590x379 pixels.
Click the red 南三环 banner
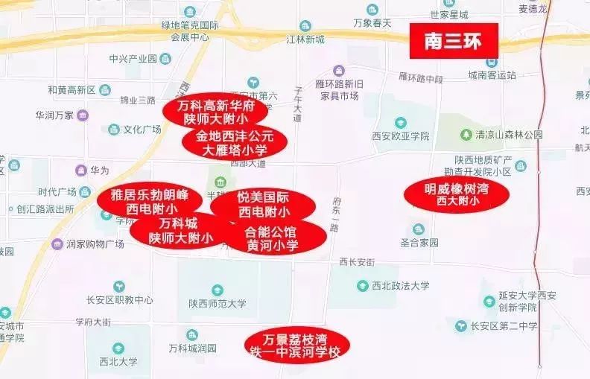pos(453,40)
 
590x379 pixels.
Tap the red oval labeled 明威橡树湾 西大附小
pos(457,194)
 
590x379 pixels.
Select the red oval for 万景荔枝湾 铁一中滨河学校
pos(298,345)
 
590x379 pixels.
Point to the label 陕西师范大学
pos(217,303)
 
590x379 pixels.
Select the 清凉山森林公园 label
pos(510,135)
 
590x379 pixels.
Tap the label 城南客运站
pos(491,74)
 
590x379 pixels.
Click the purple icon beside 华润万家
pos(83,115)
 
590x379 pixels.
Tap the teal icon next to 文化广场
pos(113,129)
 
